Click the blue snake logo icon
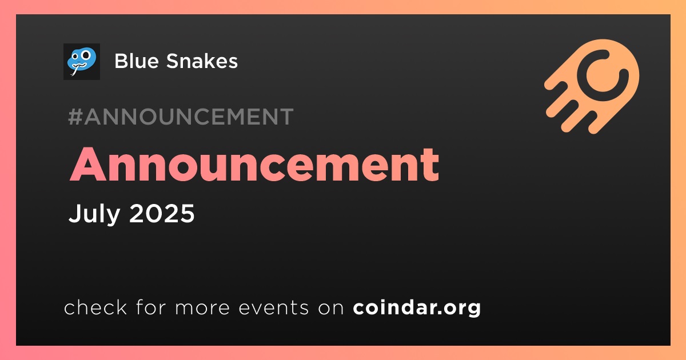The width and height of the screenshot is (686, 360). click(81, 62)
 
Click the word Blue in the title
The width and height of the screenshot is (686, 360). click(137, 61)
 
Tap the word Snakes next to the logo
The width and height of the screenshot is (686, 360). click(202, 61)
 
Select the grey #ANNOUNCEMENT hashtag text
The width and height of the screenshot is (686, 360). click(181, 117)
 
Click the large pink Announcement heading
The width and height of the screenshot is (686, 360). click(254, 165)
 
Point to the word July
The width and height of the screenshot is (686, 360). click(94, 214)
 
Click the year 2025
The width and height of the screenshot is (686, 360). click(162, 213)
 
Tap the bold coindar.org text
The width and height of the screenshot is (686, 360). click(417, 307)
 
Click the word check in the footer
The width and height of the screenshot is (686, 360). click(95, 307)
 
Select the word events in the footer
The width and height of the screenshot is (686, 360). click(274, 307)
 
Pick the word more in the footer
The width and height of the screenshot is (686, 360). click(202, 308)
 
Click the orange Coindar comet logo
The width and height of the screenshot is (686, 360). click(592, 86)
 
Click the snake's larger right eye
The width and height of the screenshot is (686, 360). click(86, 55)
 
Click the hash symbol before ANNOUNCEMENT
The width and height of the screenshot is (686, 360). click(75, 117)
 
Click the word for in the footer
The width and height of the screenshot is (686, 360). click(151, 307)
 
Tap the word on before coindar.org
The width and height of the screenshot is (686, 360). click(331, 308)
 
